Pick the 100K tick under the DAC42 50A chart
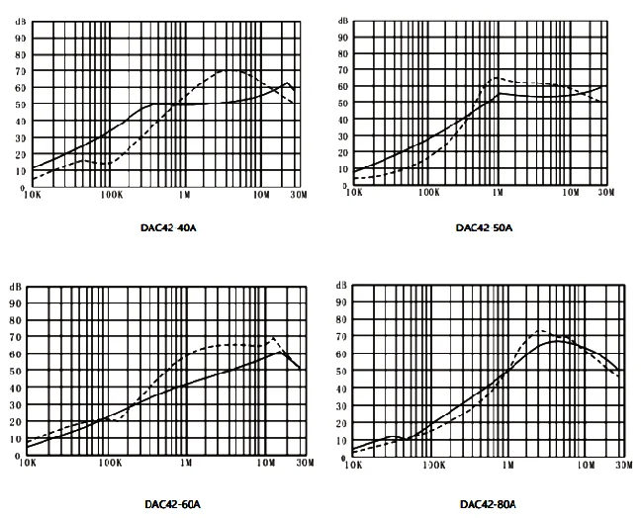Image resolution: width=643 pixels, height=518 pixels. pos(428,196)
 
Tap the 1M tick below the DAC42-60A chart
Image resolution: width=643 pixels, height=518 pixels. pos(185,463)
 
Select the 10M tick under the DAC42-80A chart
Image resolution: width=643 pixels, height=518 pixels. pos(586,463)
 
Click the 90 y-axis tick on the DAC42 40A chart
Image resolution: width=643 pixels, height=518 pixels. pos(21,38)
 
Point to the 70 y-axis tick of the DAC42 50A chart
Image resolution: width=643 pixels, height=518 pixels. pos(343,70)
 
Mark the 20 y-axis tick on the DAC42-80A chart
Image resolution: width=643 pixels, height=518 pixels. pos(342,422)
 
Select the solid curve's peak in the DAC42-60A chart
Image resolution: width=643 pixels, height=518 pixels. pos(282,351)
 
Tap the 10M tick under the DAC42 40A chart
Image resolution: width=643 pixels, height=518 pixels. pos(262,197)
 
